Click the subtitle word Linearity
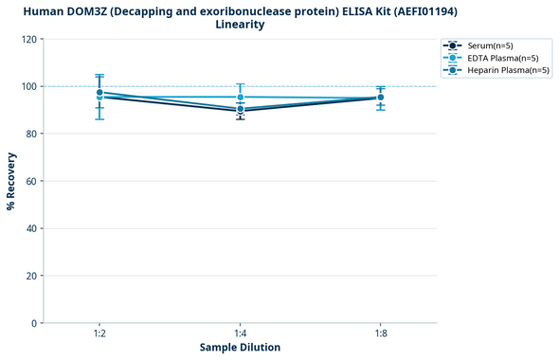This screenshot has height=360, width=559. pos(241,25)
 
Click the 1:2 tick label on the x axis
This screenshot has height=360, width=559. pos(99,334)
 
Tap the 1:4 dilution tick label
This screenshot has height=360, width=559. pos(240,334)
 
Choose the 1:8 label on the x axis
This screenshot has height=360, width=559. pos(380,334)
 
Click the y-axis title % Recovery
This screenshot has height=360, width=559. pos(11,181)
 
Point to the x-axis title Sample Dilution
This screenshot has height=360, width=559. pos(240,348)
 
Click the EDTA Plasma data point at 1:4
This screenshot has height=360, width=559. pos(240,98)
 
